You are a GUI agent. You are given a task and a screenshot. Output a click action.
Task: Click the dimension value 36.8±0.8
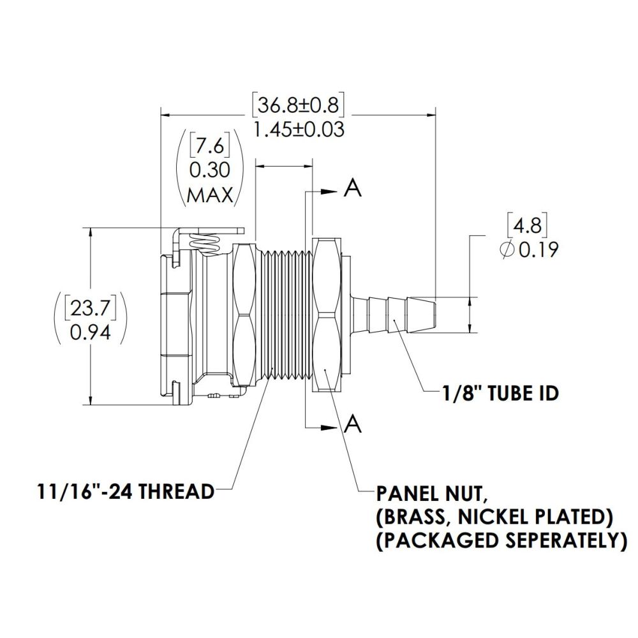click(298, 103)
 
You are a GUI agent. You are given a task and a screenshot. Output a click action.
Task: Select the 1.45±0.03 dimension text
click(299, 130)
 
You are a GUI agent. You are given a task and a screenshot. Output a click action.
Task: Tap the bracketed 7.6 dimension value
click(209, 147)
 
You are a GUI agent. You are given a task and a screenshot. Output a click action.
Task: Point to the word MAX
click(209, 195)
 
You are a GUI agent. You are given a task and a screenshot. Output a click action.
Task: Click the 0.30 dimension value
click(209, 170)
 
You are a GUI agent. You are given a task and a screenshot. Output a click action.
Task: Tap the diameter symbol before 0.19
click(508, 250)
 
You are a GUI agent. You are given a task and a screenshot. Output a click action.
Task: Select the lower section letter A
click(353, 424)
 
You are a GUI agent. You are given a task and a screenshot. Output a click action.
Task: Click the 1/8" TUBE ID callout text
click(500, 394)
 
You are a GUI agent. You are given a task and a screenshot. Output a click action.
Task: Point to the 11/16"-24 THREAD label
click(124, 492)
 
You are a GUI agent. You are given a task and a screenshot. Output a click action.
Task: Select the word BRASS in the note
click(417, 516)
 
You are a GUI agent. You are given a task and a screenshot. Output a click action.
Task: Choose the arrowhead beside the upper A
click(330, 191)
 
